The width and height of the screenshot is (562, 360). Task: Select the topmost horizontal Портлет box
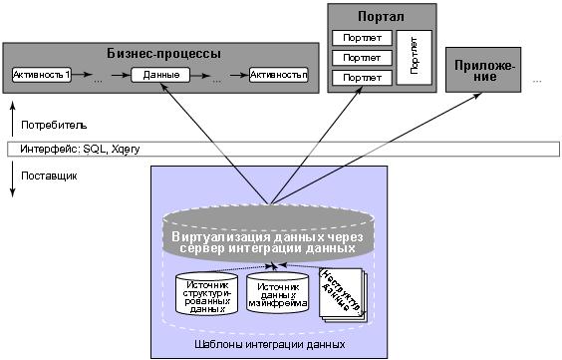361,39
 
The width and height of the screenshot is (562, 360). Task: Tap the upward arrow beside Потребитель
13,115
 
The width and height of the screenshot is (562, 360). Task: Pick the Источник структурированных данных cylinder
206,294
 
